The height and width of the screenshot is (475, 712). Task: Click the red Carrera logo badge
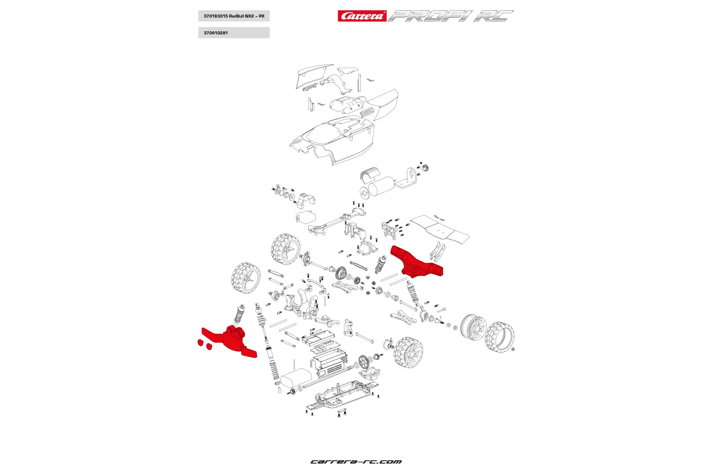362,16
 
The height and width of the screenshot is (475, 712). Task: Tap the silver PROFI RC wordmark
450,16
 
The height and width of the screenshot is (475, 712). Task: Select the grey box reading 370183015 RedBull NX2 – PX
234,16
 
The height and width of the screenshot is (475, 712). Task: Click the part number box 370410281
234,32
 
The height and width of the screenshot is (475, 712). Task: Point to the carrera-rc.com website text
356,462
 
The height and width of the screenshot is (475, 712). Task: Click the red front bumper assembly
231,341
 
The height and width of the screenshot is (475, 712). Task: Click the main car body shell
334,140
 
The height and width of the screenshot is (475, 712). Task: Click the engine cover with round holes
345,106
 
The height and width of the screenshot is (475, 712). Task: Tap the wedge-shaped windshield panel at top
314,74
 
